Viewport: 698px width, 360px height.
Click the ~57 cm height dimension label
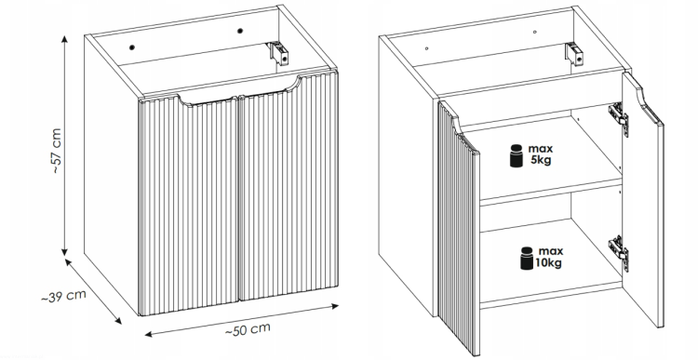click(x=57, y=151)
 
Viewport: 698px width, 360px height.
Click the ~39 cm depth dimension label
click(x=63, y=297)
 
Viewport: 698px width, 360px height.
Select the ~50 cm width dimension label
click(x=248, y=329)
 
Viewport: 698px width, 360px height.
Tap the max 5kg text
click(x=541, y=154)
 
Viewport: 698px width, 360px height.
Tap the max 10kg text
click(x=549, y=257)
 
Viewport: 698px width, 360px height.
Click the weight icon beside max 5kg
click(x=517, y=155)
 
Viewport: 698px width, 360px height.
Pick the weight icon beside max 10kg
click(x=527, y=259)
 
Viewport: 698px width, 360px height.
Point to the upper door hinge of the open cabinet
click(x=619, y=119)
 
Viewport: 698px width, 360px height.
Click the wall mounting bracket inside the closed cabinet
click(x=279, y=52)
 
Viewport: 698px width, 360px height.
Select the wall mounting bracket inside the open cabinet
click(x=575, y=53)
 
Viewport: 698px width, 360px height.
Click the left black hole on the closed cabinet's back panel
click(x=132, y=47)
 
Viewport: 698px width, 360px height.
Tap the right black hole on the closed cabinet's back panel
click(x=240, y=31)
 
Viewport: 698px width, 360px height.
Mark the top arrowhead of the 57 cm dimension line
click(x=65, y=39)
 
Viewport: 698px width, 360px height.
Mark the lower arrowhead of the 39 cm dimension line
click(x=117, y=320)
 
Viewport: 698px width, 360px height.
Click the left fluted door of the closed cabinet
click(x=189, y=205)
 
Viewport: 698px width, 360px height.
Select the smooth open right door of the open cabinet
click(x=642, y=200)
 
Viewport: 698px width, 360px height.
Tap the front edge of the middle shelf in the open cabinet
click(x=551, y=193)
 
